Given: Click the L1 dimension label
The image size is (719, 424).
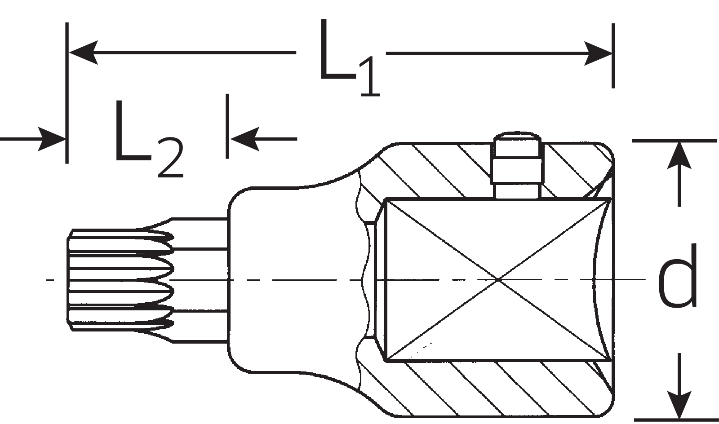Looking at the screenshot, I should click(348, 58).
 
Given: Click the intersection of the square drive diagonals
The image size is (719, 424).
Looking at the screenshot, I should click(498, 280).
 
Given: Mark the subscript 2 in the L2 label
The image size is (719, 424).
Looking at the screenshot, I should click(170, 159).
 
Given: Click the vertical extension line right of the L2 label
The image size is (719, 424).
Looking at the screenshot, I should click(227, 126).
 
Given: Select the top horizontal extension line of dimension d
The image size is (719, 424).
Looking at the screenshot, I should click(674, 141).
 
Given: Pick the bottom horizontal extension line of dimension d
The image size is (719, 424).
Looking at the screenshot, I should click(674, 420).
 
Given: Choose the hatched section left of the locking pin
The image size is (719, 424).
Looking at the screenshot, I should click(431, 171).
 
